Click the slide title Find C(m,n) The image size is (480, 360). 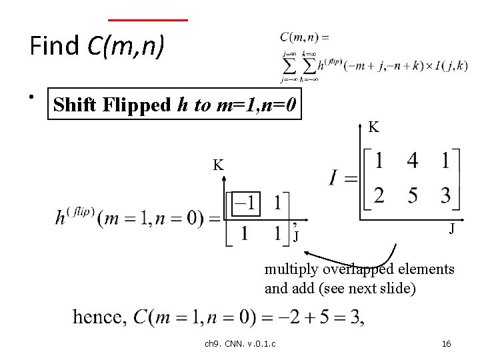pos(97,46)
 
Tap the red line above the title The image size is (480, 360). pos(147,20)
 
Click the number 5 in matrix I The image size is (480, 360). pos(413,196)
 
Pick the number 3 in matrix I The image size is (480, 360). pos(445,196)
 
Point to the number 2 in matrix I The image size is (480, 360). pos(379,196)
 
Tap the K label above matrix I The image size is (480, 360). pos(374,127)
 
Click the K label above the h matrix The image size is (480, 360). pos(218,165)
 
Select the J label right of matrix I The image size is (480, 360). pos(451,229)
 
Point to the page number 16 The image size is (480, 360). pos(447,343)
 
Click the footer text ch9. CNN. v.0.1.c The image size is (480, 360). pos(241,343)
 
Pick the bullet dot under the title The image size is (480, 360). pos(31,97)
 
